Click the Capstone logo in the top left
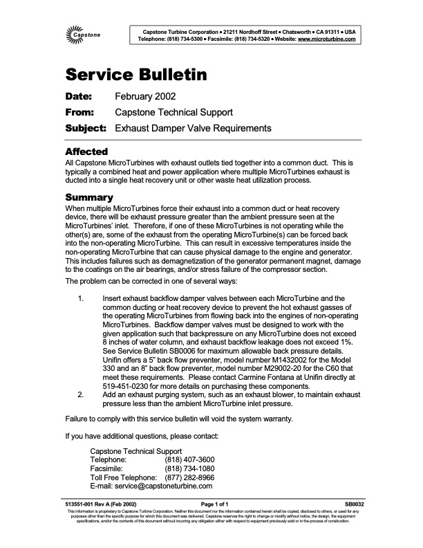point(81,35)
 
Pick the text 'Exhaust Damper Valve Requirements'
point(193,128)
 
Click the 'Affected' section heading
point(86,151)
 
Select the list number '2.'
point(82,394)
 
